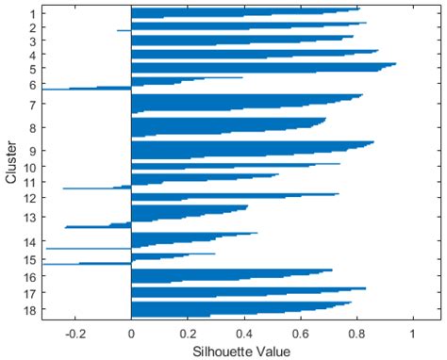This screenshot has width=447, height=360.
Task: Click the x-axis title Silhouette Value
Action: click(x=243, y=352)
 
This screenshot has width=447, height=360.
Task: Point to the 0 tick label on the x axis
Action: click(x=131, y=333)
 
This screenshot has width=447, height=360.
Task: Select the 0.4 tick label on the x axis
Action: click(x=243, y=333)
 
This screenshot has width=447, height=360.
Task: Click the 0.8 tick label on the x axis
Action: click(x=356, y=333)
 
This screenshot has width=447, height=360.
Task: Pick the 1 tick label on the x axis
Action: click(x=412, y=333)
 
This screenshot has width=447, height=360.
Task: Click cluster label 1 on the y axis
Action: click(x=32, y=14)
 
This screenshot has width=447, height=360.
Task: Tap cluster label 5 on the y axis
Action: click(x=32, y=69)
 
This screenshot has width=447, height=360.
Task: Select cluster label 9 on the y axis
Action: click(x=32, y=150)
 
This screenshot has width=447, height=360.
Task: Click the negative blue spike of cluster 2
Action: click(x=124, y=30)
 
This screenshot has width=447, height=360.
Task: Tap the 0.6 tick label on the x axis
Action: click(x=300, y=333)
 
